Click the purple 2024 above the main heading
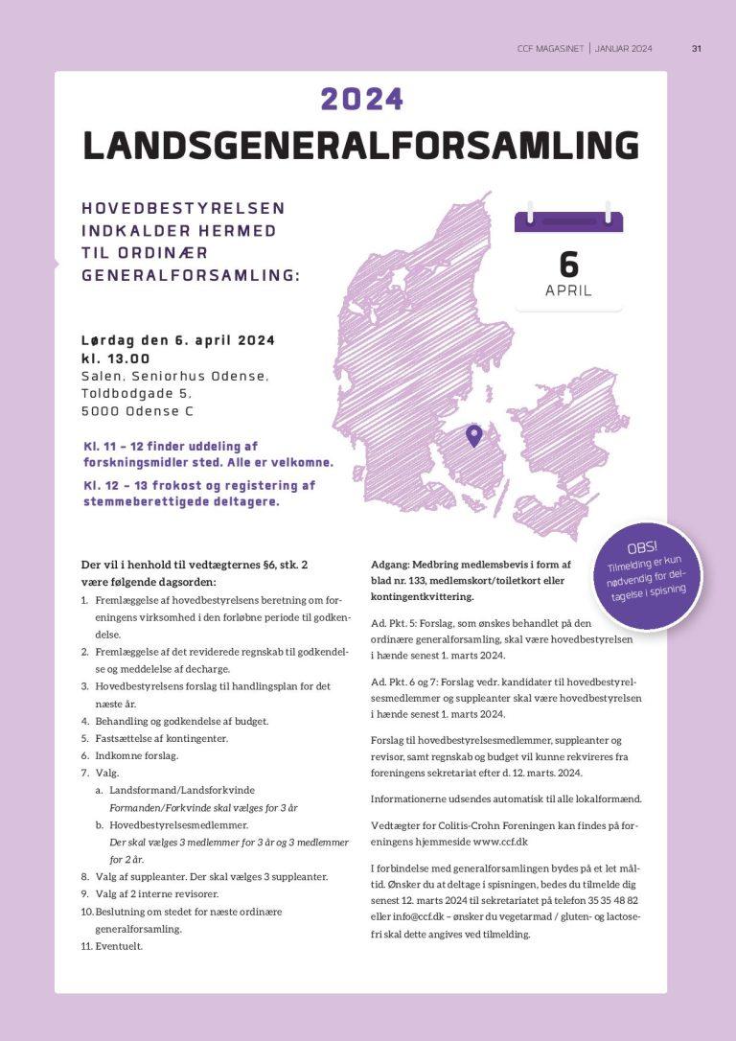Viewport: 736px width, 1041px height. (x=362, y=99)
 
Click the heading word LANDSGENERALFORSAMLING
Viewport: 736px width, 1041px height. (x=360, y=145)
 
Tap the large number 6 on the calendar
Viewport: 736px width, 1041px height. (x=568, y=263)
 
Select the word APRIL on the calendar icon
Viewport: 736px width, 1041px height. (x=568, y=290)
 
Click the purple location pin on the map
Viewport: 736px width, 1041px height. (x=473, y=436)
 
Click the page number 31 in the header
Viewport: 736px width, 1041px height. (x=697, y=49)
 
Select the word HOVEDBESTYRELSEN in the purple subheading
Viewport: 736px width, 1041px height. (x=183, y=208)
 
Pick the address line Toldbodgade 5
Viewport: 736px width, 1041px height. (x=136, y=393)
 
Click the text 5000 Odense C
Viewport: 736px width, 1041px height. (x=137, y=411)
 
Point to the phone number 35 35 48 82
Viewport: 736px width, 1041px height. (x=609, y=900)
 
